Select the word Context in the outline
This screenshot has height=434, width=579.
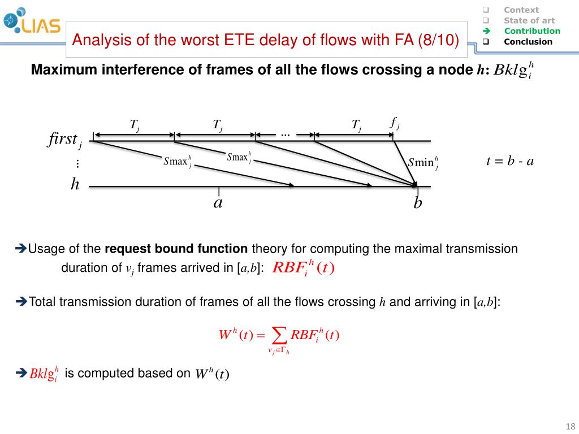click(521, 10)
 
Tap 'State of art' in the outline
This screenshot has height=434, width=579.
click(529, 20)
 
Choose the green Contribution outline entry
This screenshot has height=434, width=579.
click(532, 31)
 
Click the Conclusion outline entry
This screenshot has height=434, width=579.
click(528, 42)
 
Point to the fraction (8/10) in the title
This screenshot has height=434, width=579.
click(439, 41)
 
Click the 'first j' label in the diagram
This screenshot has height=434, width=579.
click(64, 140)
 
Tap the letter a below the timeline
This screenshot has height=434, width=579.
click(218, 203)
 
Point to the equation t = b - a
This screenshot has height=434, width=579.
click(510, 161)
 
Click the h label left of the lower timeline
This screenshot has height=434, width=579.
click(75, 184)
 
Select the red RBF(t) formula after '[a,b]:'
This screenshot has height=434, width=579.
click(304, 267)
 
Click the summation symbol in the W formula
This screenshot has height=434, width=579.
click(279, 336)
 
